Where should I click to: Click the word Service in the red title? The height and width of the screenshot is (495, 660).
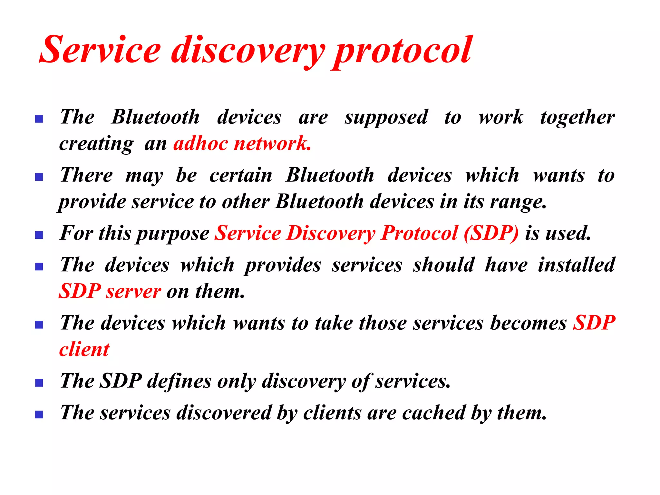point(100,50)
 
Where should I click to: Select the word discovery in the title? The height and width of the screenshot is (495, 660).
point(248,52)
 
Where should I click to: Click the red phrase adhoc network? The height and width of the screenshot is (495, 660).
point(242,143)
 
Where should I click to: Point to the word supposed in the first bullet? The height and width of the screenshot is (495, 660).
point(386,118)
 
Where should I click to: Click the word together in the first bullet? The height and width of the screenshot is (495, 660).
point(577,118)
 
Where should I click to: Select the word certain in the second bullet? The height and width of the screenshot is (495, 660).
point(241,176)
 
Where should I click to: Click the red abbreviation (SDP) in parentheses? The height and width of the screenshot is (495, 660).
point(491,233)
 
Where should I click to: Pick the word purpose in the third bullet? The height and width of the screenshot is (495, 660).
point(173,234)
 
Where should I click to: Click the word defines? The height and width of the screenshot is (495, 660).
point(179,381)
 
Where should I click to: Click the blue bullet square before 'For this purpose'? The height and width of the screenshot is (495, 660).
point(39,235)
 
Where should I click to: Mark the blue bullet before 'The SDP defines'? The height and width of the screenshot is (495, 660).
point(39,383)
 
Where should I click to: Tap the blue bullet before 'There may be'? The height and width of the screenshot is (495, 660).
point(39,177)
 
